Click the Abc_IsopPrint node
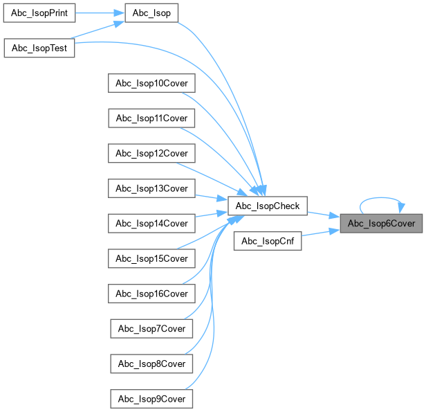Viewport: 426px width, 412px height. pos(39,13)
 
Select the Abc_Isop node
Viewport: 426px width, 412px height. pos(151,13)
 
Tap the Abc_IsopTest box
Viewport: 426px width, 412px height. pos(39,48)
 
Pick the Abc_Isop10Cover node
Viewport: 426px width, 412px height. pos(151,83)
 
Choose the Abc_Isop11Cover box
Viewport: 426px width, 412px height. pos(151,118)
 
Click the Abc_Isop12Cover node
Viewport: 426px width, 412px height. pos(151,153)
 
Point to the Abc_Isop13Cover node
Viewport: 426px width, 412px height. pos(151,188)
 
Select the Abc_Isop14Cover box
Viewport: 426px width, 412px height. pos(151,223)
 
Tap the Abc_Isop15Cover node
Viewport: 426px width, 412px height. pos(151,258)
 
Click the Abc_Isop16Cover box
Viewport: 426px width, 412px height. pos(151,294)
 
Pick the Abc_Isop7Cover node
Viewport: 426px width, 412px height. pos(151,328)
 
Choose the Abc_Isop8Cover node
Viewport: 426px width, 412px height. pos(151,364)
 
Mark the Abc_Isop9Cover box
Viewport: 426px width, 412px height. pos(151,398)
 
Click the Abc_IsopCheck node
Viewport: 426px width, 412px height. pos(268,206)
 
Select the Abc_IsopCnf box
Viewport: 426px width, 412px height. pos(268,241)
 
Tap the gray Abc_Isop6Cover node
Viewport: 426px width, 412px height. pos(381,223)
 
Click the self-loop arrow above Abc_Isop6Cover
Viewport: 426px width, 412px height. pos(381,197)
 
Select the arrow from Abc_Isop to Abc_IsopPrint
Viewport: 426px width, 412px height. pos(100,13)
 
